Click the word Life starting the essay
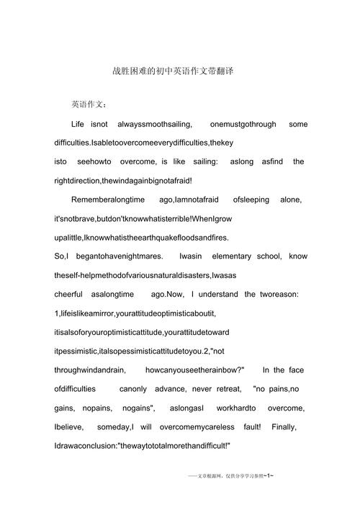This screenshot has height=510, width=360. [x=78, y=125]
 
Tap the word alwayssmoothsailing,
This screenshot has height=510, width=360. [x=150, y=125]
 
